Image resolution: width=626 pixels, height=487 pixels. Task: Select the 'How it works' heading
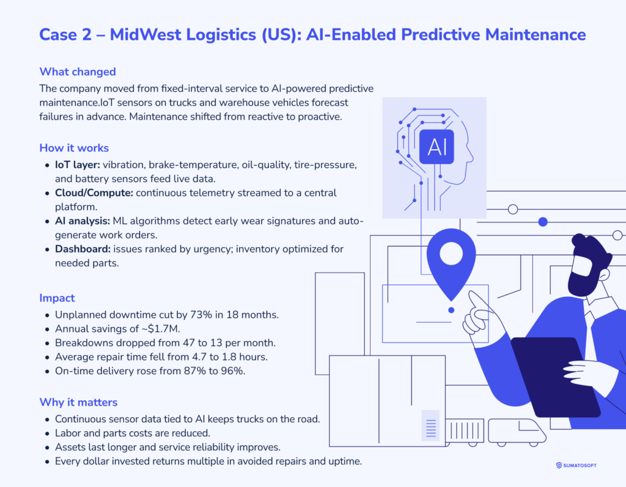pos(74,148)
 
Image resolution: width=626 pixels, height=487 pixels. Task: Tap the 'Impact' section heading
pos(57,298)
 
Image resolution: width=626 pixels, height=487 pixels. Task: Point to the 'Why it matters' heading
pos(78,402)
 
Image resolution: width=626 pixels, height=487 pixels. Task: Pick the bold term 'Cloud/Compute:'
pos(92,192)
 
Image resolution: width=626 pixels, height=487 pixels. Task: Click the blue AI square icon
pos(436,146)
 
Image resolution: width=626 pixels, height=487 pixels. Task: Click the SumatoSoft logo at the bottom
pos(576,465)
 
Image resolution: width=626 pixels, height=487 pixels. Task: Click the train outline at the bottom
pos(517,430)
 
